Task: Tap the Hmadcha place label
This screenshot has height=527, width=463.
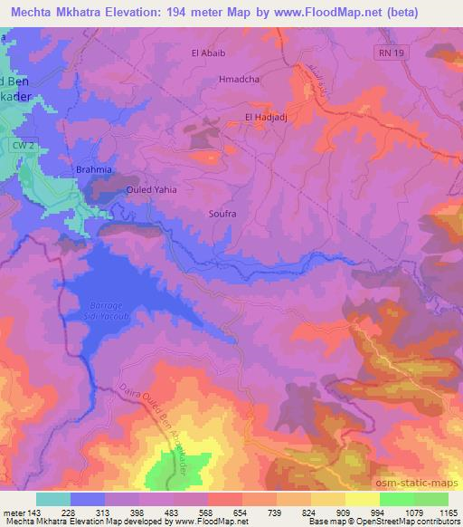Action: [x=239, y=79]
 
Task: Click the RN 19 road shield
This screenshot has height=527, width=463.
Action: [x=387, y=54]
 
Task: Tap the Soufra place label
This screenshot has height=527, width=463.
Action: [x=222, y=214]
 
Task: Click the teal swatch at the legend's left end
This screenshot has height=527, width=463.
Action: [x=52, y=499]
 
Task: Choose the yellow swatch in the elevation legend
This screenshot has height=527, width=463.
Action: [x=364, y=499]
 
